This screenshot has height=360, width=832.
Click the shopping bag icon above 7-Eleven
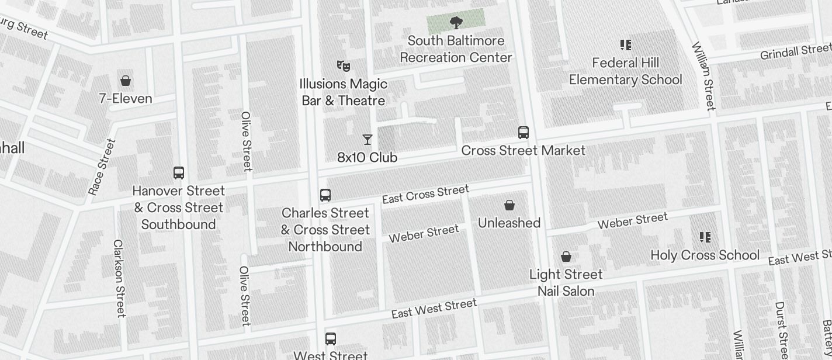pyautogui.click(x=125, y=81)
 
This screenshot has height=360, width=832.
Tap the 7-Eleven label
pyautogui.click(x=126, y=98)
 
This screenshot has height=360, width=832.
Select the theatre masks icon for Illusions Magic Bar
pyautogui.click(x=344, y=66)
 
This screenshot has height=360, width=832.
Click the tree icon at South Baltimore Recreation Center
pyautogui.click(x=456, y=23)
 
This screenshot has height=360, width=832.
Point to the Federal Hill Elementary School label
pyautogui.click(x=625, y=71)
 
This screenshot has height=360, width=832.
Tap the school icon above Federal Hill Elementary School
pyautogui.click(x=626, y=45)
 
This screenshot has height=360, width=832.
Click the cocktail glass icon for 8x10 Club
pyautogui.click(x=368, y=140)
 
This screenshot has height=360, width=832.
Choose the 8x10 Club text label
pyautogui.click(x=368, y=157)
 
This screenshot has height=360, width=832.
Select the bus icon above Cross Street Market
pyautogui.click(x=524, y=133)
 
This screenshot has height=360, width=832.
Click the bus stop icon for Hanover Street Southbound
pyautogui.click(x=179, y=173)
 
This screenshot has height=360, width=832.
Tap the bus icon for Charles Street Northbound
pyautogui.click(x=325, y=195)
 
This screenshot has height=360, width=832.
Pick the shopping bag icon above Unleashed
pyautogui.click(x=509, y=205)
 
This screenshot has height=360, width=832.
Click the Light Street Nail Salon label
pyautogui.click(x=566, y=282)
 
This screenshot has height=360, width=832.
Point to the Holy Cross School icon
pyautogui.click(x=705, y=237)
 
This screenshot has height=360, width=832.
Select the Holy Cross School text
pyautogui.click(x=705, y=255)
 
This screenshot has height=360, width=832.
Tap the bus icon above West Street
pyautogui.click(x=331, y=338)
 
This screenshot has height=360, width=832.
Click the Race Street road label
pyautogui.click(x=102, y=167)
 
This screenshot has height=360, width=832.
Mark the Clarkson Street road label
pyautogui.click(x=120, y=278)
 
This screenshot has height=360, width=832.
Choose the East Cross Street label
pyautogui.click(x=425, y=194)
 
